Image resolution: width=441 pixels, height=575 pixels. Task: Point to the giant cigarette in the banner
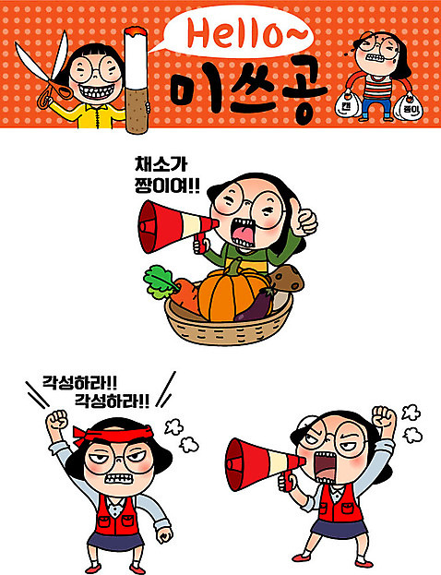point(136,80)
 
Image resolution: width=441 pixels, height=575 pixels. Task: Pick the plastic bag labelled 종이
point(408,107)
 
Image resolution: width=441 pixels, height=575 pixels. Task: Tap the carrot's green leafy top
point(160,282)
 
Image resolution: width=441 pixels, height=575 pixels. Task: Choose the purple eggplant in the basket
point(255,305)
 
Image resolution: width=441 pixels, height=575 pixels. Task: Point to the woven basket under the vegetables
point(228,325)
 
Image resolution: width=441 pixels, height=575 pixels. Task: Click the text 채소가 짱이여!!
point(167,175)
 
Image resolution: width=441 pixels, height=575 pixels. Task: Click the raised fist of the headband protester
point(57,421)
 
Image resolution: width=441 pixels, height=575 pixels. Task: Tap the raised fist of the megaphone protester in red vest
point(384,417)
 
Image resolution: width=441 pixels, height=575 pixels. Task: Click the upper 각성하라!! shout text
point(80,382)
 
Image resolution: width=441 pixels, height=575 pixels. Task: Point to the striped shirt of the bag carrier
point(377,87)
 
